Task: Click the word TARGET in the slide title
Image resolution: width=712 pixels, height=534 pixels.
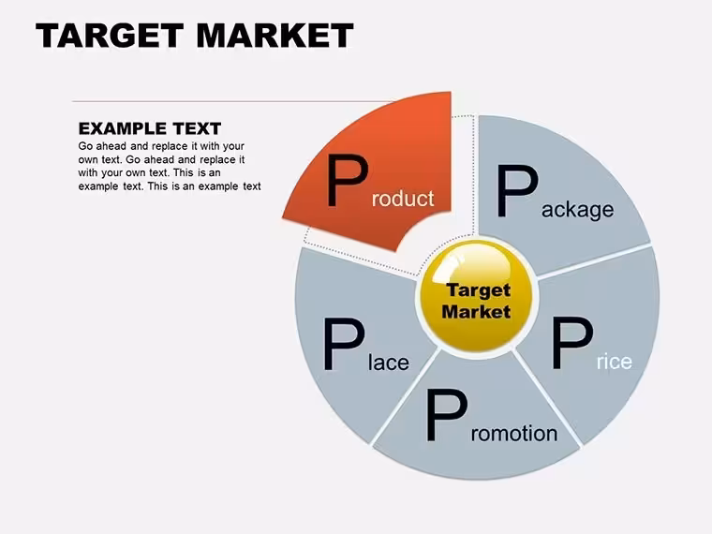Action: coord(110,36)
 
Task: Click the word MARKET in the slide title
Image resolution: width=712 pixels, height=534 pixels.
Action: coord(274,36)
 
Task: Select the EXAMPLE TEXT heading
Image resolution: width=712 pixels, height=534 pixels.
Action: coord(150,128)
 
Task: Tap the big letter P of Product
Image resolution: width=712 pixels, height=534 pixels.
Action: coord(348,180)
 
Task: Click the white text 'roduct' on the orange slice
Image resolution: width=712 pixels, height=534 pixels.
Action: coord(403,199)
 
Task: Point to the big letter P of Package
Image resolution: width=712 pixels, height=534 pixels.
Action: coord(517,191)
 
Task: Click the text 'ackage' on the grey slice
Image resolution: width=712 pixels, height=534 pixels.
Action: coord(578,210)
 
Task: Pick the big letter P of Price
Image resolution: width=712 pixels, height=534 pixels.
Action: coord(572,343)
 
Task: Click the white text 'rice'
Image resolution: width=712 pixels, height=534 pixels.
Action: coord(615,362)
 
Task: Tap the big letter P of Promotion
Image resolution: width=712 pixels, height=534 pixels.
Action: coord(446,415)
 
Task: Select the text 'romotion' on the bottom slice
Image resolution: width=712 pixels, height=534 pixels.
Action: coord(514,434)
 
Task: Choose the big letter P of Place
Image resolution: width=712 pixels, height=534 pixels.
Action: coord(344,344)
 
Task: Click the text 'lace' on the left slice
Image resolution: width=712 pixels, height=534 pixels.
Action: coord(389,363)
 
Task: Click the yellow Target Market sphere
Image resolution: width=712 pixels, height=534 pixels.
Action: coord(476,297)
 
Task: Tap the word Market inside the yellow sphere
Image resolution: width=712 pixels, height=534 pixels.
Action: coord(476,312)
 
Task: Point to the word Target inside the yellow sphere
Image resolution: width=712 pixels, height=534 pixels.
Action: coord(479,291)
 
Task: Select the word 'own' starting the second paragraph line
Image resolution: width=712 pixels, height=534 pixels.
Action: coord(87,160)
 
